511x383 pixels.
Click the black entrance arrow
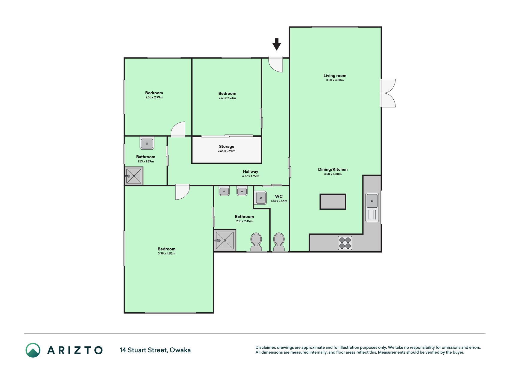(x=277, y=44)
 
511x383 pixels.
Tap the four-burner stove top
(x=345, y=243)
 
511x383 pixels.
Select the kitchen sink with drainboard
(x=372, y=207)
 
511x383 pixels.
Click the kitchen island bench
(x=333, y=201)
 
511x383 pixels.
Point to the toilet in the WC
(x=279, y=242)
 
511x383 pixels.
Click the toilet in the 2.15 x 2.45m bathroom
(x=256, y=242)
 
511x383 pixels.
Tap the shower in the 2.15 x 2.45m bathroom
(x=225, y=240)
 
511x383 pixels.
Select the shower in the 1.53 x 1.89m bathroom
(x=134, y=176)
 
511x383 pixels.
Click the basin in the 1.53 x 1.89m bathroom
(x=147, y=143)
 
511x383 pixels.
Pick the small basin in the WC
(x=261, y=198)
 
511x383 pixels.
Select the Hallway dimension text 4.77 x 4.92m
(x=251, y=176)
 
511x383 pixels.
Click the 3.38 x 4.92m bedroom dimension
(x=166, y=253)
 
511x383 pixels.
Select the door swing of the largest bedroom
(x=182, y=192)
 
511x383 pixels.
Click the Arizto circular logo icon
(x=33, y=350)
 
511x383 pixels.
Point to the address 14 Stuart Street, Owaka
(x=155, y=350)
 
